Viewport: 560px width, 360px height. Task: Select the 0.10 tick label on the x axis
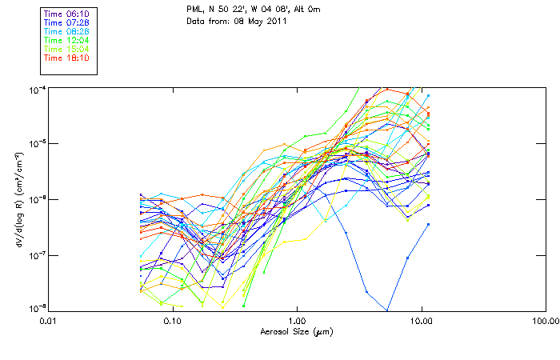tap(172, 322)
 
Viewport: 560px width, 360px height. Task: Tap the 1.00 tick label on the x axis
tap(297, 322)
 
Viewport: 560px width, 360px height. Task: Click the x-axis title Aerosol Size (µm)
tap(296, 331)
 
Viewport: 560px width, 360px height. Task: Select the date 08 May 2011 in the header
tap(255, 22)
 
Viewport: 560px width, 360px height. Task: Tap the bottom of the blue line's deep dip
tap(388, 310)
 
